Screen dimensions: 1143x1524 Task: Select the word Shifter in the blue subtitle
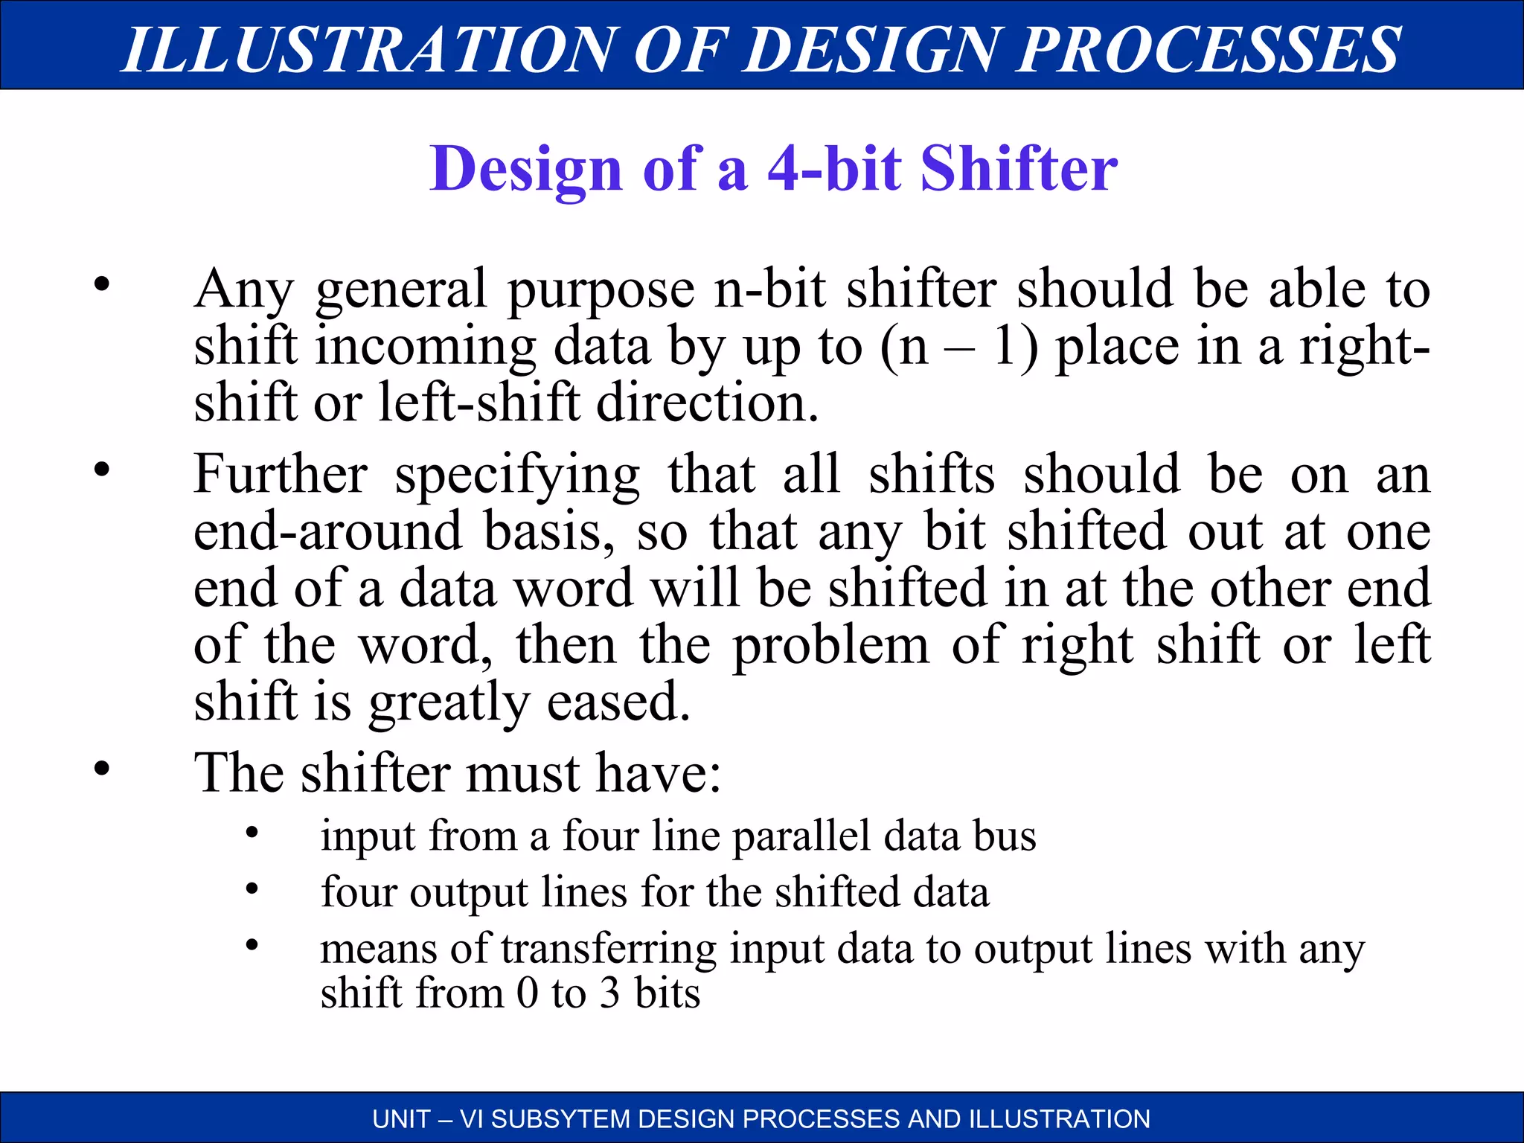[x=1019, y=169]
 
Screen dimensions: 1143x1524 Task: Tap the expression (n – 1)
[x=960, y=347]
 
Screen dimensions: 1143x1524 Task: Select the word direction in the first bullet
[x=707, y=403]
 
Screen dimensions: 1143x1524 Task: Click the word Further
[x=281, y=474]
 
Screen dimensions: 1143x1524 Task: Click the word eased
[x=619, y=701]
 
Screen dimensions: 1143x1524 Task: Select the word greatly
[x=449, y=702]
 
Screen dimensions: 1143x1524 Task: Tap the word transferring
[x=608, y=950]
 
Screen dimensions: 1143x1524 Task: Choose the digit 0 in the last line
[x=527, y=993]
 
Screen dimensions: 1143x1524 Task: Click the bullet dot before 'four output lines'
[x=252, y=889]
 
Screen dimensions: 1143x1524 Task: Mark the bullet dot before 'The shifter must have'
[x=102, y=768]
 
